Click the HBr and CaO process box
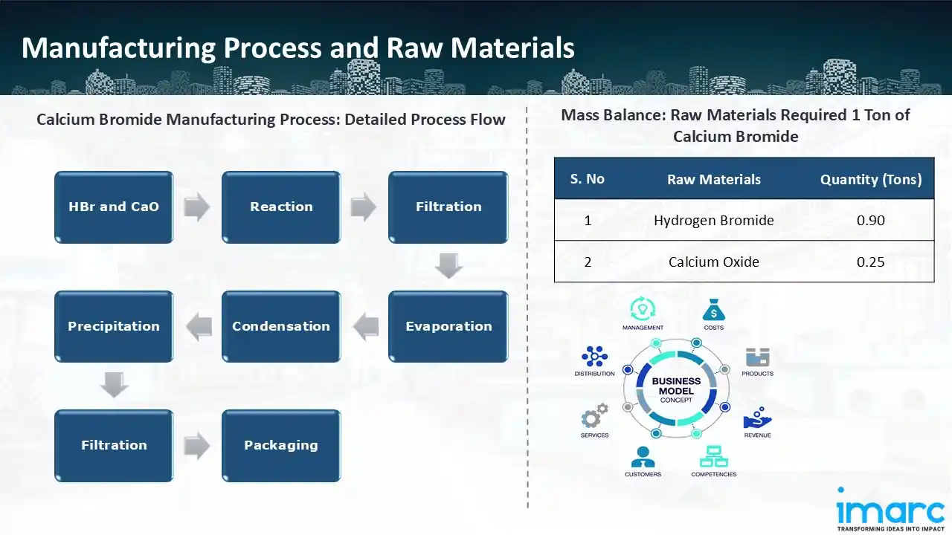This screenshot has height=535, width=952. pyautogui.click(x=114, y=207)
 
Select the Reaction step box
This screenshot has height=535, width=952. pyautogui.click(x=281, y=207)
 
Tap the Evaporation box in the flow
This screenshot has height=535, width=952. pyautogui.click(x=448, y=326)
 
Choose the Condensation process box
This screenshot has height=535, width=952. pyautogui.click(x=281, y=326)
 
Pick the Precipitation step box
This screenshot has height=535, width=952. pyautogui.click(x=114, y=326)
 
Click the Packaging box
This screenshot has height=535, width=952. pyautogui.click(x=281, y=445)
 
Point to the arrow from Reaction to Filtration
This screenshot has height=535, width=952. pyautogui.click(x=364, y=207)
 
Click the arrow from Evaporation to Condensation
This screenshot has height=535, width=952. pyautogui.click(x=365, y=326)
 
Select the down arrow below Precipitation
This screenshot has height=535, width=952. pyautogui.click(x=115, y=385)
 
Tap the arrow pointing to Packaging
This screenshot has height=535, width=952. pyautogui.click(x=197, y=446)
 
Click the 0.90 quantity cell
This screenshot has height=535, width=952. pyautogui.click(x=870, y=220)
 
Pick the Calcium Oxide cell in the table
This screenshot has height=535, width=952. pyautogui.click(x=714, y=262)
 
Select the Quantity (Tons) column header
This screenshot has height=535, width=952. pyautogui.click(x=870, y=179)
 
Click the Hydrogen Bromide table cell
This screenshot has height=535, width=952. pyautogui.click(x=714, y=220)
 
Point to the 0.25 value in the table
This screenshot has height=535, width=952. pyautogui.click(x=870, y=262)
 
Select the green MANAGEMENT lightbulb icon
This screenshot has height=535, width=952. pyautogui.click(x=643, y=308)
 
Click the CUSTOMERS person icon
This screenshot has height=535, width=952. pyautogui.click(x=643, y=455)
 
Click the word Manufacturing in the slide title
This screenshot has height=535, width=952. pyautogui.click(x=117, y=48)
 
